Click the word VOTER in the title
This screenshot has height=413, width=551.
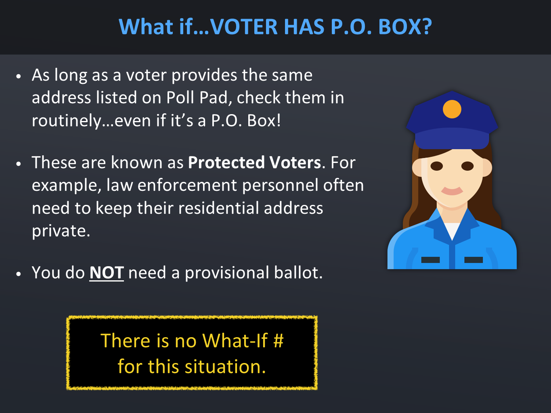click(x=243, y=27)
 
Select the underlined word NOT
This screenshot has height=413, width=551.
click(x=107, y=273)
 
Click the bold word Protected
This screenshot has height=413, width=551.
click(x=226, y=162)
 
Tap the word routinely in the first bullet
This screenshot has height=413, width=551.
click(x=66, y=121)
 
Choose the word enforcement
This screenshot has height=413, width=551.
click(x=187, y=185)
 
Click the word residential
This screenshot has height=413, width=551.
click(x=218, y=208)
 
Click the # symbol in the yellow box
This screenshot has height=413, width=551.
click(x=279, y=341)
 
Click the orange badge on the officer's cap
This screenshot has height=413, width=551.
click(x=452, y=109)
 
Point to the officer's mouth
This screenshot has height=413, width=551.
click(x=452, y=191)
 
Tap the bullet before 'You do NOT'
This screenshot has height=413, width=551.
click(x=18, y=274)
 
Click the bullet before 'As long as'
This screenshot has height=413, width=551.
click(x=18, y=76)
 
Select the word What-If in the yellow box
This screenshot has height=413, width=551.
click(x=235, y=341)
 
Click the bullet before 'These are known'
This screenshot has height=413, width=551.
click(x=18, y=164)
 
